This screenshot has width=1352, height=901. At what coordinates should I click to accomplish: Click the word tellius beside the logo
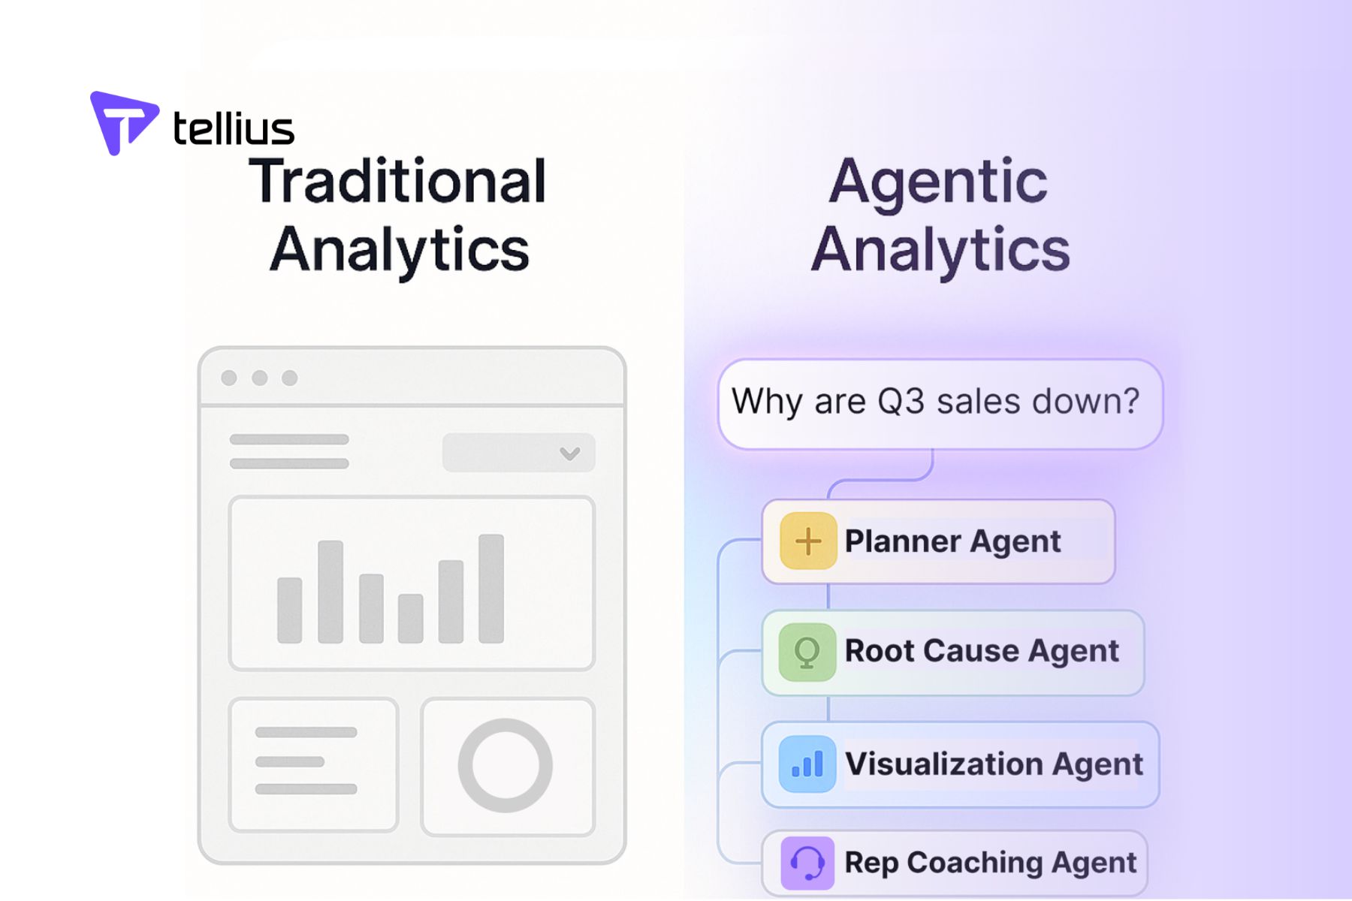point(234,128)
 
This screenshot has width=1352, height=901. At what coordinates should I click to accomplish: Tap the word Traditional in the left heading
point(397,181)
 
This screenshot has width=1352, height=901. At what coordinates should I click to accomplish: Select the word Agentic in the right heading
point(938,181)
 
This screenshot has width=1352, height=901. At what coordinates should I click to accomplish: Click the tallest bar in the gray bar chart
point(491,588)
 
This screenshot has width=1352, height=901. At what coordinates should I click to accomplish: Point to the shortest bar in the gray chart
point(410,618)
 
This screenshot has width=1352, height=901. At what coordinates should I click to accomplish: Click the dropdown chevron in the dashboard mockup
point(570,453)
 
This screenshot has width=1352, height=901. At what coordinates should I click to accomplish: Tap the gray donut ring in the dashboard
point(505,765)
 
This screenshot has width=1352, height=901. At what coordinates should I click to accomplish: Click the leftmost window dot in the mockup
point(229,378)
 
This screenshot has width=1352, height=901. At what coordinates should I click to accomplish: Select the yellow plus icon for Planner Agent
point(808,541)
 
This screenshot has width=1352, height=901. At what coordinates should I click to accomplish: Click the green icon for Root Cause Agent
point(807,652)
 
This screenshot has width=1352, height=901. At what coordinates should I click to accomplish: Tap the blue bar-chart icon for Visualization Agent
point(807,764)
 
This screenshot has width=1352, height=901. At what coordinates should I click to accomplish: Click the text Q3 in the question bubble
point(901,401)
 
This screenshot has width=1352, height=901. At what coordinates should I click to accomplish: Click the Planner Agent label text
point(952,541)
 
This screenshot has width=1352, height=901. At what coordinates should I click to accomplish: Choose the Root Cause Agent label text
point(982,651)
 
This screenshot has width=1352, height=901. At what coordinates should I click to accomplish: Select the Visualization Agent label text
point(994,764)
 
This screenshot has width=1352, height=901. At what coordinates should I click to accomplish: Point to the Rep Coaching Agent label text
point(990,863)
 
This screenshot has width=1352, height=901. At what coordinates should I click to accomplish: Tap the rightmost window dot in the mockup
point(290,378)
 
